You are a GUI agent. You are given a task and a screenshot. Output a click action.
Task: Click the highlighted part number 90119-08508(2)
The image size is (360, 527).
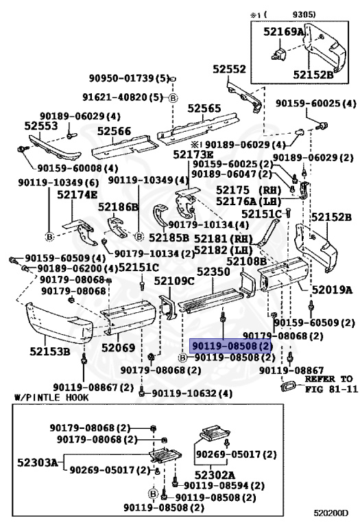pos(231,347)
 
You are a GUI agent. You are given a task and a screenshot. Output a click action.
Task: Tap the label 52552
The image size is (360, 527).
pos(229,70)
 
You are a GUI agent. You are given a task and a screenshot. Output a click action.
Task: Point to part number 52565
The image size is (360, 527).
pos(205,108)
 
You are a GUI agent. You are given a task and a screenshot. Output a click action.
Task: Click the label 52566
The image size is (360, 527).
pos(114,130)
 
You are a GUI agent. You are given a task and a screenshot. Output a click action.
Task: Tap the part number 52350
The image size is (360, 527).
pos(213,272)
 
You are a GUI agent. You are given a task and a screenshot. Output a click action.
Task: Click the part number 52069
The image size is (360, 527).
pos(119,348)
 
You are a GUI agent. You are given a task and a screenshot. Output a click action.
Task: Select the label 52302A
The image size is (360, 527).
pos(214,474)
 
